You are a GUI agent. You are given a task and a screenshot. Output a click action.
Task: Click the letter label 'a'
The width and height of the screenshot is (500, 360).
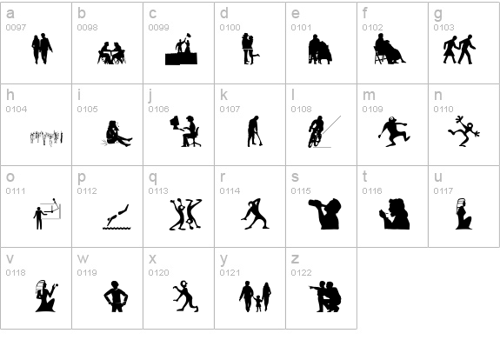10,13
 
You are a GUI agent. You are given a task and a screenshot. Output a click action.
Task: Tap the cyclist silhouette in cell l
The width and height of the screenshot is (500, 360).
317,130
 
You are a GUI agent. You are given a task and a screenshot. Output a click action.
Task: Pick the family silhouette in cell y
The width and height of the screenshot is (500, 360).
255,296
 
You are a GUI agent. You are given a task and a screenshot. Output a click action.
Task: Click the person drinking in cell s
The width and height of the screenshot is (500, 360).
325,213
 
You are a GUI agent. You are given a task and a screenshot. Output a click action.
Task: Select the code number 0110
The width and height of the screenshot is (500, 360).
443,110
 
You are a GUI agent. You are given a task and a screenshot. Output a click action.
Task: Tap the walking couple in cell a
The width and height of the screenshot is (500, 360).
42,48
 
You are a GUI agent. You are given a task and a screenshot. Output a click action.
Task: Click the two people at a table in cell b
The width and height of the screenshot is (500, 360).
111,52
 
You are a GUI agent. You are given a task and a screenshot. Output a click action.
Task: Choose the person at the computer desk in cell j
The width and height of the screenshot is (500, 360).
186,130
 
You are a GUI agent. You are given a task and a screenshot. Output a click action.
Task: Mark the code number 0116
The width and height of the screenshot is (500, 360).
371,191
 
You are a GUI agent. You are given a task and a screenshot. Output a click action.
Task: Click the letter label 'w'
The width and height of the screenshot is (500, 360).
83,258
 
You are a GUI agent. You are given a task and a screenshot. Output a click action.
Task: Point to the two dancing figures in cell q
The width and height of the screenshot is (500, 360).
184,213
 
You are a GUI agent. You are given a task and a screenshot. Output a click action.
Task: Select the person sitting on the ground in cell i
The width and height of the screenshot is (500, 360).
116,132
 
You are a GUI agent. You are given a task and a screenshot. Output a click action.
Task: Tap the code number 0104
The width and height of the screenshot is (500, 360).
16,110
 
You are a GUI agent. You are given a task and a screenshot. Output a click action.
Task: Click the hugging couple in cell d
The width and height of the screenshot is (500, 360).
250,48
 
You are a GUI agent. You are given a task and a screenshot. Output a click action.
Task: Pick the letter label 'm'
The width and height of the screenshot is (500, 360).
369,95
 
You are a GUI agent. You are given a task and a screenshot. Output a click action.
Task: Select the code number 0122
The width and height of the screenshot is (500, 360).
300,273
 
